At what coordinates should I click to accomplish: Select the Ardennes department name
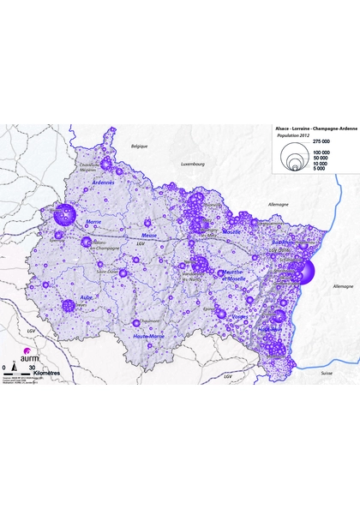pyautogui.click(x=103, y=183)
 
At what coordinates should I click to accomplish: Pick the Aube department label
pyautogui.click(x=86, y=298)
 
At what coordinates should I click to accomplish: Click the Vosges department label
pyautogui.click(x=241, y=316)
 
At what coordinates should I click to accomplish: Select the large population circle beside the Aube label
pyautogui.click(x=69, y=305)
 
